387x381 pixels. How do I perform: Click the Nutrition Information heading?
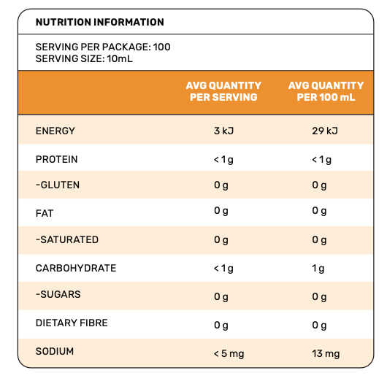100,22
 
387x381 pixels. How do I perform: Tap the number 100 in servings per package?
161,47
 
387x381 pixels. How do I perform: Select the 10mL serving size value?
120,58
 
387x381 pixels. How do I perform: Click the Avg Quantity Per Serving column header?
223,91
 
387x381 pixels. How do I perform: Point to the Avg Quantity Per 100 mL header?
326,91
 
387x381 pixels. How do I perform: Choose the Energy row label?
55,131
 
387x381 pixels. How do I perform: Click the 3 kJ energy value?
224,131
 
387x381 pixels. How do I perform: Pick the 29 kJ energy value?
325,131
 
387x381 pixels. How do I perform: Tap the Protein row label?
57,159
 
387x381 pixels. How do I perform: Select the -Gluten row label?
58,185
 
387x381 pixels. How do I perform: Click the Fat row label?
45,213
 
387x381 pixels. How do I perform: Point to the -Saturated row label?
67,239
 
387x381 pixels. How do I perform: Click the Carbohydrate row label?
76,268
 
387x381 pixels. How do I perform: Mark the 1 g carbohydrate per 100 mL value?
318,269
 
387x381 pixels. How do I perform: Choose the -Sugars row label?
58,294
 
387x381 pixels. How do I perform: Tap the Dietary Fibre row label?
72,323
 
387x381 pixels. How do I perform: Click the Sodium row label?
55,351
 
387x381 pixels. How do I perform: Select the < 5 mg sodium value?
229,354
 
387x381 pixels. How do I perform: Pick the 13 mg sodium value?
326,354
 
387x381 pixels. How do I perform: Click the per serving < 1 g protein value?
223,160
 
